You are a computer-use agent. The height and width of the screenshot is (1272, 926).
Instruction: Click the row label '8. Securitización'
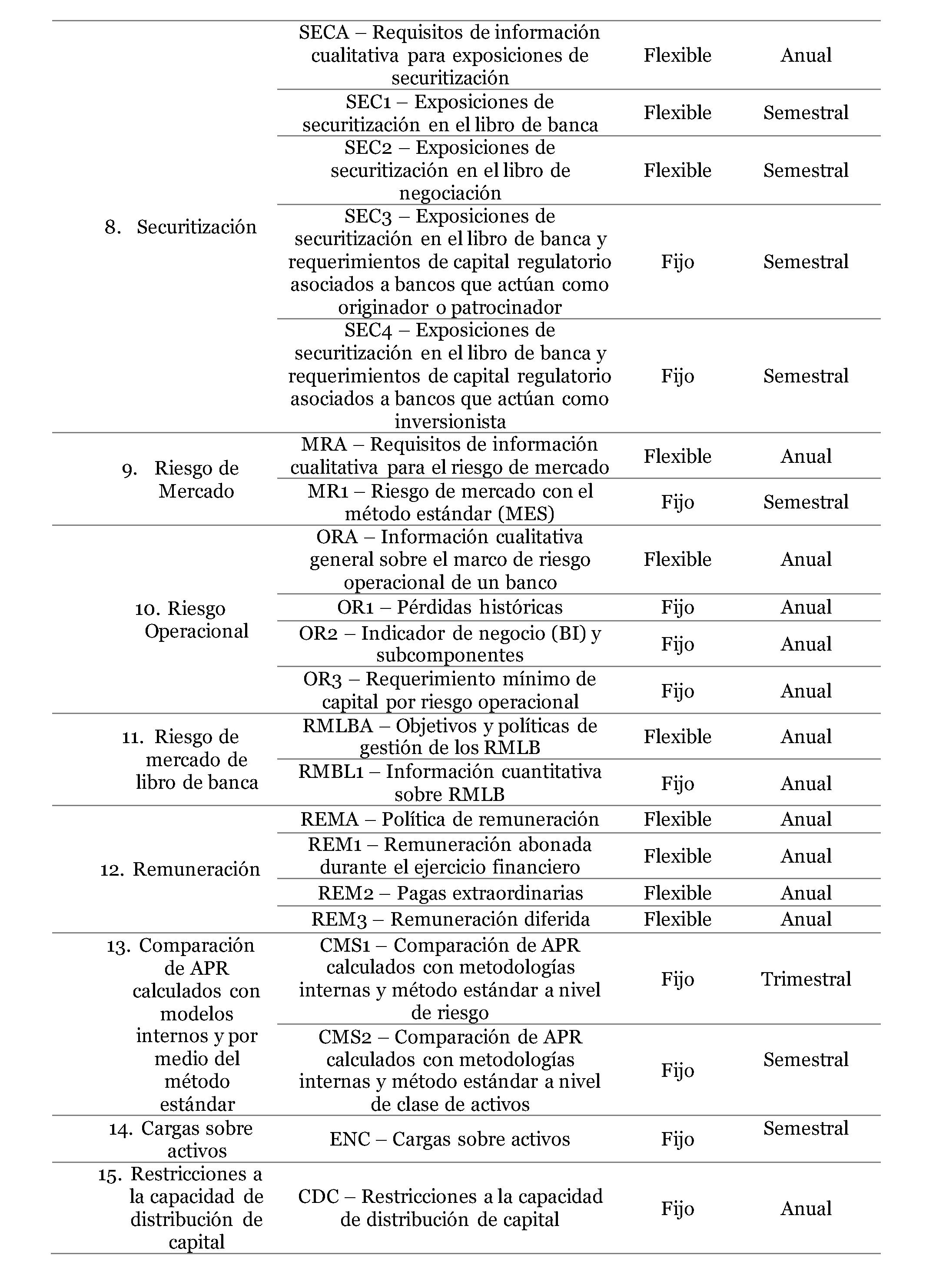pyautogui.click(x=181, y=227)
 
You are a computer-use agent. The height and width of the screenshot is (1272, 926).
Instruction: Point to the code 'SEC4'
pyautogui.click(x=367, y=330)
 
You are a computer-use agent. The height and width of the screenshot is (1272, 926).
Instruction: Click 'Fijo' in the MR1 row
pyautogui.click(x=677, y=502)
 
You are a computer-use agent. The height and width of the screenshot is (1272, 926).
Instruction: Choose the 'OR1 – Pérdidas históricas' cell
pyautogui.click(x=449, y=608)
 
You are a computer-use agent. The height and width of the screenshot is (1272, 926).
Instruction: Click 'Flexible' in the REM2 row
pyautogui.click(x=677, y=893)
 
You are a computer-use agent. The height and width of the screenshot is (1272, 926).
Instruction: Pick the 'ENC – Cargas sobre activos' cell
pyautogui.click(x=449, y=1139)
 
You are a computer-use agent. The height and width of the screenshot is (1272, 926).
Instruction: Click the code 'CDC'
pyautogui.click(x=318, y=1197)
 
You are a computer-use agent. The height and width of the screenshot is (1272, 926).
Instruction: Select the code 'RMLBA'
pyautogui.click(x=338, y=726)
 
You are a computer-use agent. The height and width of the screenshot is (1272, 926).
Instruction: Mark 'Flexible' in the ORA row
pyautogui.click(x=677, y=559)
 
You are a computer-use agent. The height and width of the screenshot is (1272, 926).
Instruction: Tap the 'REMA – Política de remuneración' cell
pyautogui.click(x=449, y=820)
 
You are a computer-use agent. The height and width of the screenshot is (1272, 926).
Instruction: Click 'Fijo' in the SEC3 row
pyautogui.click(x=677, y=262)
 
